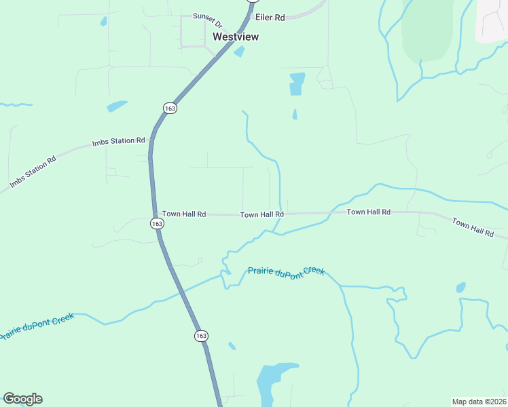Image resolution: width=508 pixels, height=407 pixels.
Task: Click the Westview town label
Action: point(236,37)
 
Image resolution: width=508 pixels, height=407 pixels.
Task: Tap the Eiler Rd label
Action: point(270,17)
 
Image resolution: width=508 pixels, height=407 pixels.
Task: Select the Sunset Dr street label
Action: point(207,16)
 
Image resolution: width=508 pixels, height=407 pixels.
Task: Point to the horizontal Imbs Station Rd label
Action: point(119,141)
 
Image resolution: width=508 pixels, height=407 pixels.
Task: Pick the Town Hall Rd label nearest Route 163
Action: point(183,214)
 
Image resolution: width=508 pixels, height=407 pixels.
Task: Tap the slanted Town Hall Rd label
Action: point(473,228)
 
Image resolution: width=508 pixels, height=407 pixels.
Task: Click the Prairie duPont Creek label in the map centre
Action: point(286,271)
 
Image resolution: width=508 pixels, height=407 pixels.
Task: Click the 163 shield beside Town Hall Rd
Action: point(157,223)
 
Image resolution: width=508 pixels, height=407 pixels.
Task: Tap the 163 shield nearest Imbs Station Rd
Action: point(170,109)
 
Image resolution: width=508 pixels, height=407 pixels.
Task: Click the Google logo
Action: point(22,399)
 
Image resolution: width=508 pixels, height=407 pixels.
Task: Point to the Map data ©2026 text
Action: point(479,401)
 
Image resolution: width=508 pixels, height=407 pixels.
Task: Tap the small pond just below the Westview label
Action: point(239,52)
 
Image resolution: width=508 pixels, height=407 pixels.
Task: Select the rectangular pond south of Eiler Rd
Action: point(297,83)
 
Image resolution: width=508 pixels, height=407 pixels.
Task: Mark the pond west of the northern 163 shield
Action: point(117,106)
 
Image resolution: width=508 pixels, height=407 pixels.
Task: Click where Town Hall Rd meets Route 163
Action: point(152,213)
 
